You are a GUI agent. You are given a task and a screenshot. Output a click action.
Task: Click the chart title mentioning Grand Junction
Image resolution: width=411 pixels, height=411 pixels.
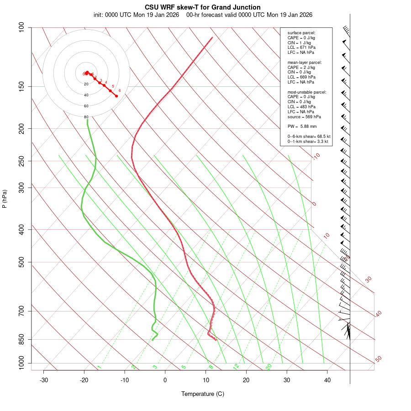pos(203,7)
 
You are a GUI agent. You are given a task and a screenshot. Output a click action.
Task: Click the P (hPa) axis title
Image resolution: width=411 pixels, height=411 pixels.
pos(5,199)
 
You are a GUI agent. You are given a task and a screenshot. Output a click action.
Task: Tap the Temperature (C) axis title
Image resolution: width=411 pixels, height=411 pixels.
pos(203,394)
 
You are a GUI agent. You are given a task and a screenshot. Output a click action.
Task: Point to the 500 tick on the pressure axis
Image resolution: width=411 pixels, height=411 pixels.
pos(21,262)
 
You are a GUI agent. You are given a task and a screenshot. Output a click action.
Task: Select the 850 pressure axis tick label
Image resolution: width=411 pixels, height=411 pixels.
pos(21,339)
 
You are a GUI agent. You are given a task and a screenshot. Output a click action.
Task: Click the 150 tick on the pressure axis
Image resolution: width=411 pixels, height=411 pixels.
pos(21,86)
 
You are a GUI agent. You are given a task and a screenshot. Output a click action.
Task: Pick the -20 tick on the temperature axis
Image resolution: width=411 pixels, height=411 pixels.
pos(84,380)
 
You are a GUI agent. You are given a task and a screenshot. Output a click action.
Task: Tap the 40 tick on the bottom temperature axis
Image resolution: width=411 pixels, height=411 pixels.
pos(327,380)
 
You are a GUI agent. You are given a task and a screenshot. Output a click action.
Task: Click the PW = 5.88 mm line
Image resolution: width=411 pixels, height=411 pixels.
pos(302,126)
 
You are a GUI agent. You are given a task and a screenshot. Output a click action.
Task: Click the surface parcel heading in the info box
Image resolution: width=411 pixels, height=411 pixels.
pos(301,33)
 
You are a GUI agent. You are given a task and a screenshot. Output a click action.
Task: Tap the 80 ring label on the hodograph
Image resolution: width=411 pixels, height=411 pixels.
pos(86,117)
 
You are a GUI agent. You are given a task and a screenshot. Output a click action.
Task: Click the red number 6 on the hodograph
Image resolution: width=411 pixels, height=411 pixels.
pos(120,90)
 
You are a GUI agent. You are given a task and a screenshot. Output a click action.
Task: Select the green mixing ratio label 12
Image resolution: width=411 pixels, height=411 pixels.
pos(236,367)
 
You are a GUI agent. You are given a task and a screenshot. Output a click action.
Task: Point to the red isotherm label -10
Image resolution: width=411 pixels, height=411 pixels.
pos(316,156)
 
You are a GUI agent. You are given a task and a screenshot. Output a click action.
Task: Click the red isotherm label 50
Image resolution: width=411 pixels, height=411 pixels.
pos(378,359)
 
